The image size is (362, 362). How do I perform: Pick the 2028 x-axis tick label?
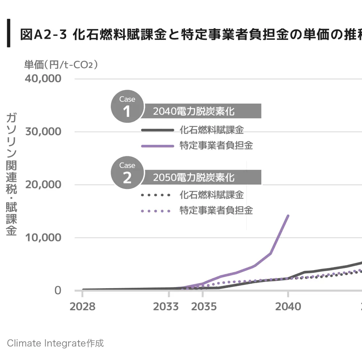pos(83,307)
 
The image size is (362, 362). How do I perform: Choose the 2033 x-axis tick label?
pos(166,307)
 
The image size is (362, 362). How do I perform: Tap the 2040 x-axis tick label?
pos(288,307)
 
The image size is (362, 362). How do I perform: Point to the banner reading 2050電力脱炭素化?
pos(201,177)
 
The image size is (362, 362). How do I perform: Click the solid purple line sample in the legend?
pos(157,146)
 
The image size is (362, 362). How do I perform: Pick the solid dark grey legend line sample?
pos(157,130)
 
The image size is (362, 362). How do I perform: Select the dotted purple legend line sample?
pos(156,211)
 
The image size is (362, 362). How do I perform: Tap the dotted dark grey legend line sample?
pos(156,195)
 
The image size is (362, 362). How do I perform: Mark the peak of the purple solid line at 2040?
pos(288,216)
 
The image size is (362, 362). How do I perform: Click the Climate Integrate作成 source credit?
pos(55,343)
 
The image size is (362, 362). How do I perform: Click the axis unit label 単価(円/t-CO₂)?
pos(61,64)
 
